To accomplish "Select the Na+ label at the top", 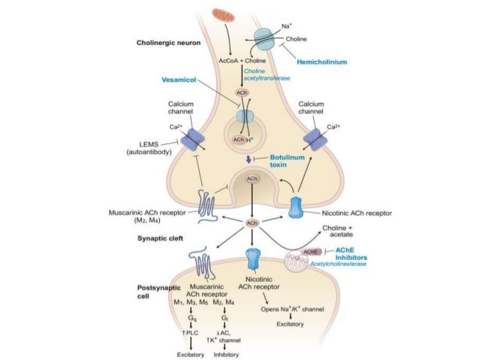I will (x=287, y=26).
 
